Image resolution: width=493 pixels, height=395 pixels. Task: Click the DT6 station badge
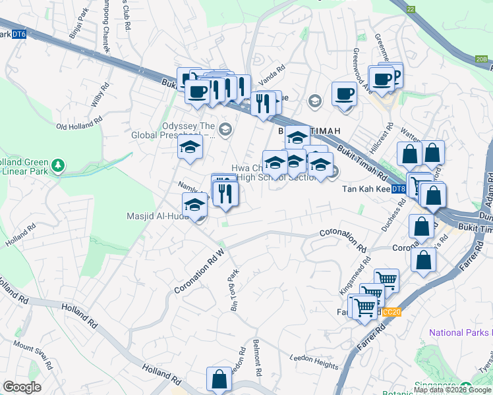click(18, 34)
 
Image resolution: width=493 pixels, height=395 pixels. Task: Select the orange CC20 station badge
click(391, 312)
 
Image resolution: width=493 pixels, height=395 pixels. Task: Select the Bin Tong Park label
click(235, 290)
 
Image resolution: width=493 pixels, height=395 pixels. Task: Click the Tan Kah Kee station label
click(366, 189)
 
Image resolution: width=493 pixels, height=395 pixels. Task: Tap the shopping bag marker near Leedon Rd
click(219, 380)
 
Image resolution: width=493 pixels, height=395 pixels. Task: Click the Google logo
click(22, 387)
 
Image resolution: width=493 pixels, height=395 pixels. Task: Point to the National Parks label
click(460, 332)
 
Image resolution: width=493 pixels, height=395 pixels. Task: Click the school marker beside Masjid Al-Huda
click(195, 205)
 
